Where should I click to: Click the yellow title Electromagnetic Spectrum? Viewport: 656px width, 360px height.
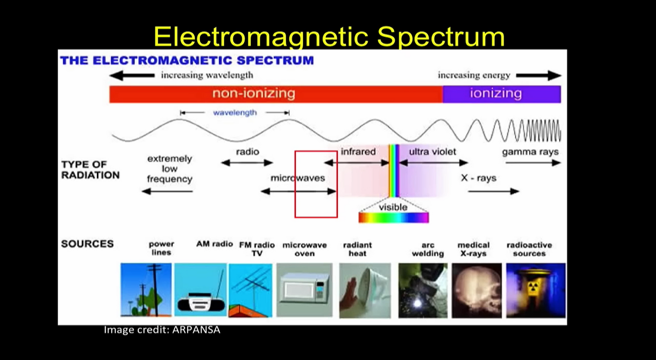tap(329, 36)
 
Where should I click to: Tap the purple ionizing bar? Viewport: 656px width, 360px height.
tap(501, 94)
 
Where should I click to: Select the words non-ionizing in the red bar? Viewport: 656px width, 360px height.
tap(254, 94)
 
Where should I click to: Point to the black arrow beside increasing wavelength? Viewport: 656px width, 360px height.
tap(132, 75)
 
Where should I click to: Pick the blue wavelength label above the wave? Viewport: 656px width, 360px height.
tap(235, 113)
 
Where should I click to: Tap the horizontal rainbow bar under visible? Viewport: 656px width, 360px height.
tap(393, 218)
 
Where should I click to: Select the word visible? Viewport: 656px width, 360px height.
tap(393, 207)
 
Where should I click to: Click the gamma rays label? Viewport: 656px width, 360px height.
tap(530, 152)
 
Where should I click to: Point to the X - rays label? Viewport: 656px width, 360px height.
tap(478, 178)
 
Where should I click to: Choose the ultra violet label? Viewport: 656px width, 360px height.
tap(432, 152)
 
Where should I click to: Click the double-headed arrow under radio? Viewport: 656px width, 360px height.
tap(247, 163)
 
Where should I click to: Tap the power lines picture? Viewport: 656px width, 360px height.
tap(146, 290)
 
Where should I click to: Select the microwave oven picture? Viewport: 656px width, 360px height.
tap(304, 290)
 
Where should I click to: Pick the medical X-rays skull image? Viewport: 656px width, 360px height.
tap(477, 290)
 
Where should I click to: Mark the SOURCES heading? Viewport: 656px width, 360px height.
tap(87, 244)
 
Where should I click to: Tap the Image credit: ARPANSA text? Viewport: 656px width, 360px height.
tap(162, 330)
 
